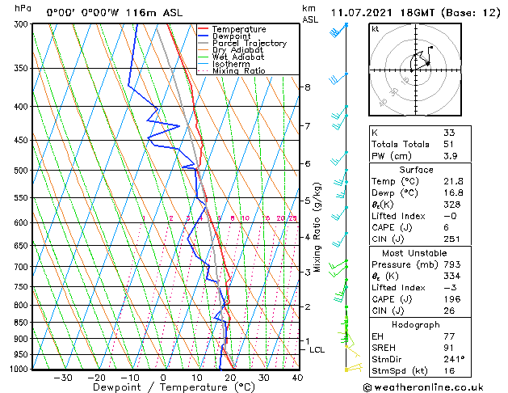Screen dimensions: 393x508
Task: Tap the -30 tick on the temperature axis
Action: (x=63, y=377)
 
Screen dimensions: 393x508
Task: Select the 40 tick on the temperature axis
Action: (x=297, y=377)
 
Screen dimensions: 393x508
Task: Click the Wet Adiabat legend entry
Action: (x=238, y=57)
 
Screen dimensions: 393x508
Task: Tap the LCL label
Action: (x=317, y=350)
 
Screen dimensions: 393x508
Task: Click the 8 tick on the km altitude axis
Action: (x=307, y=87)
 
